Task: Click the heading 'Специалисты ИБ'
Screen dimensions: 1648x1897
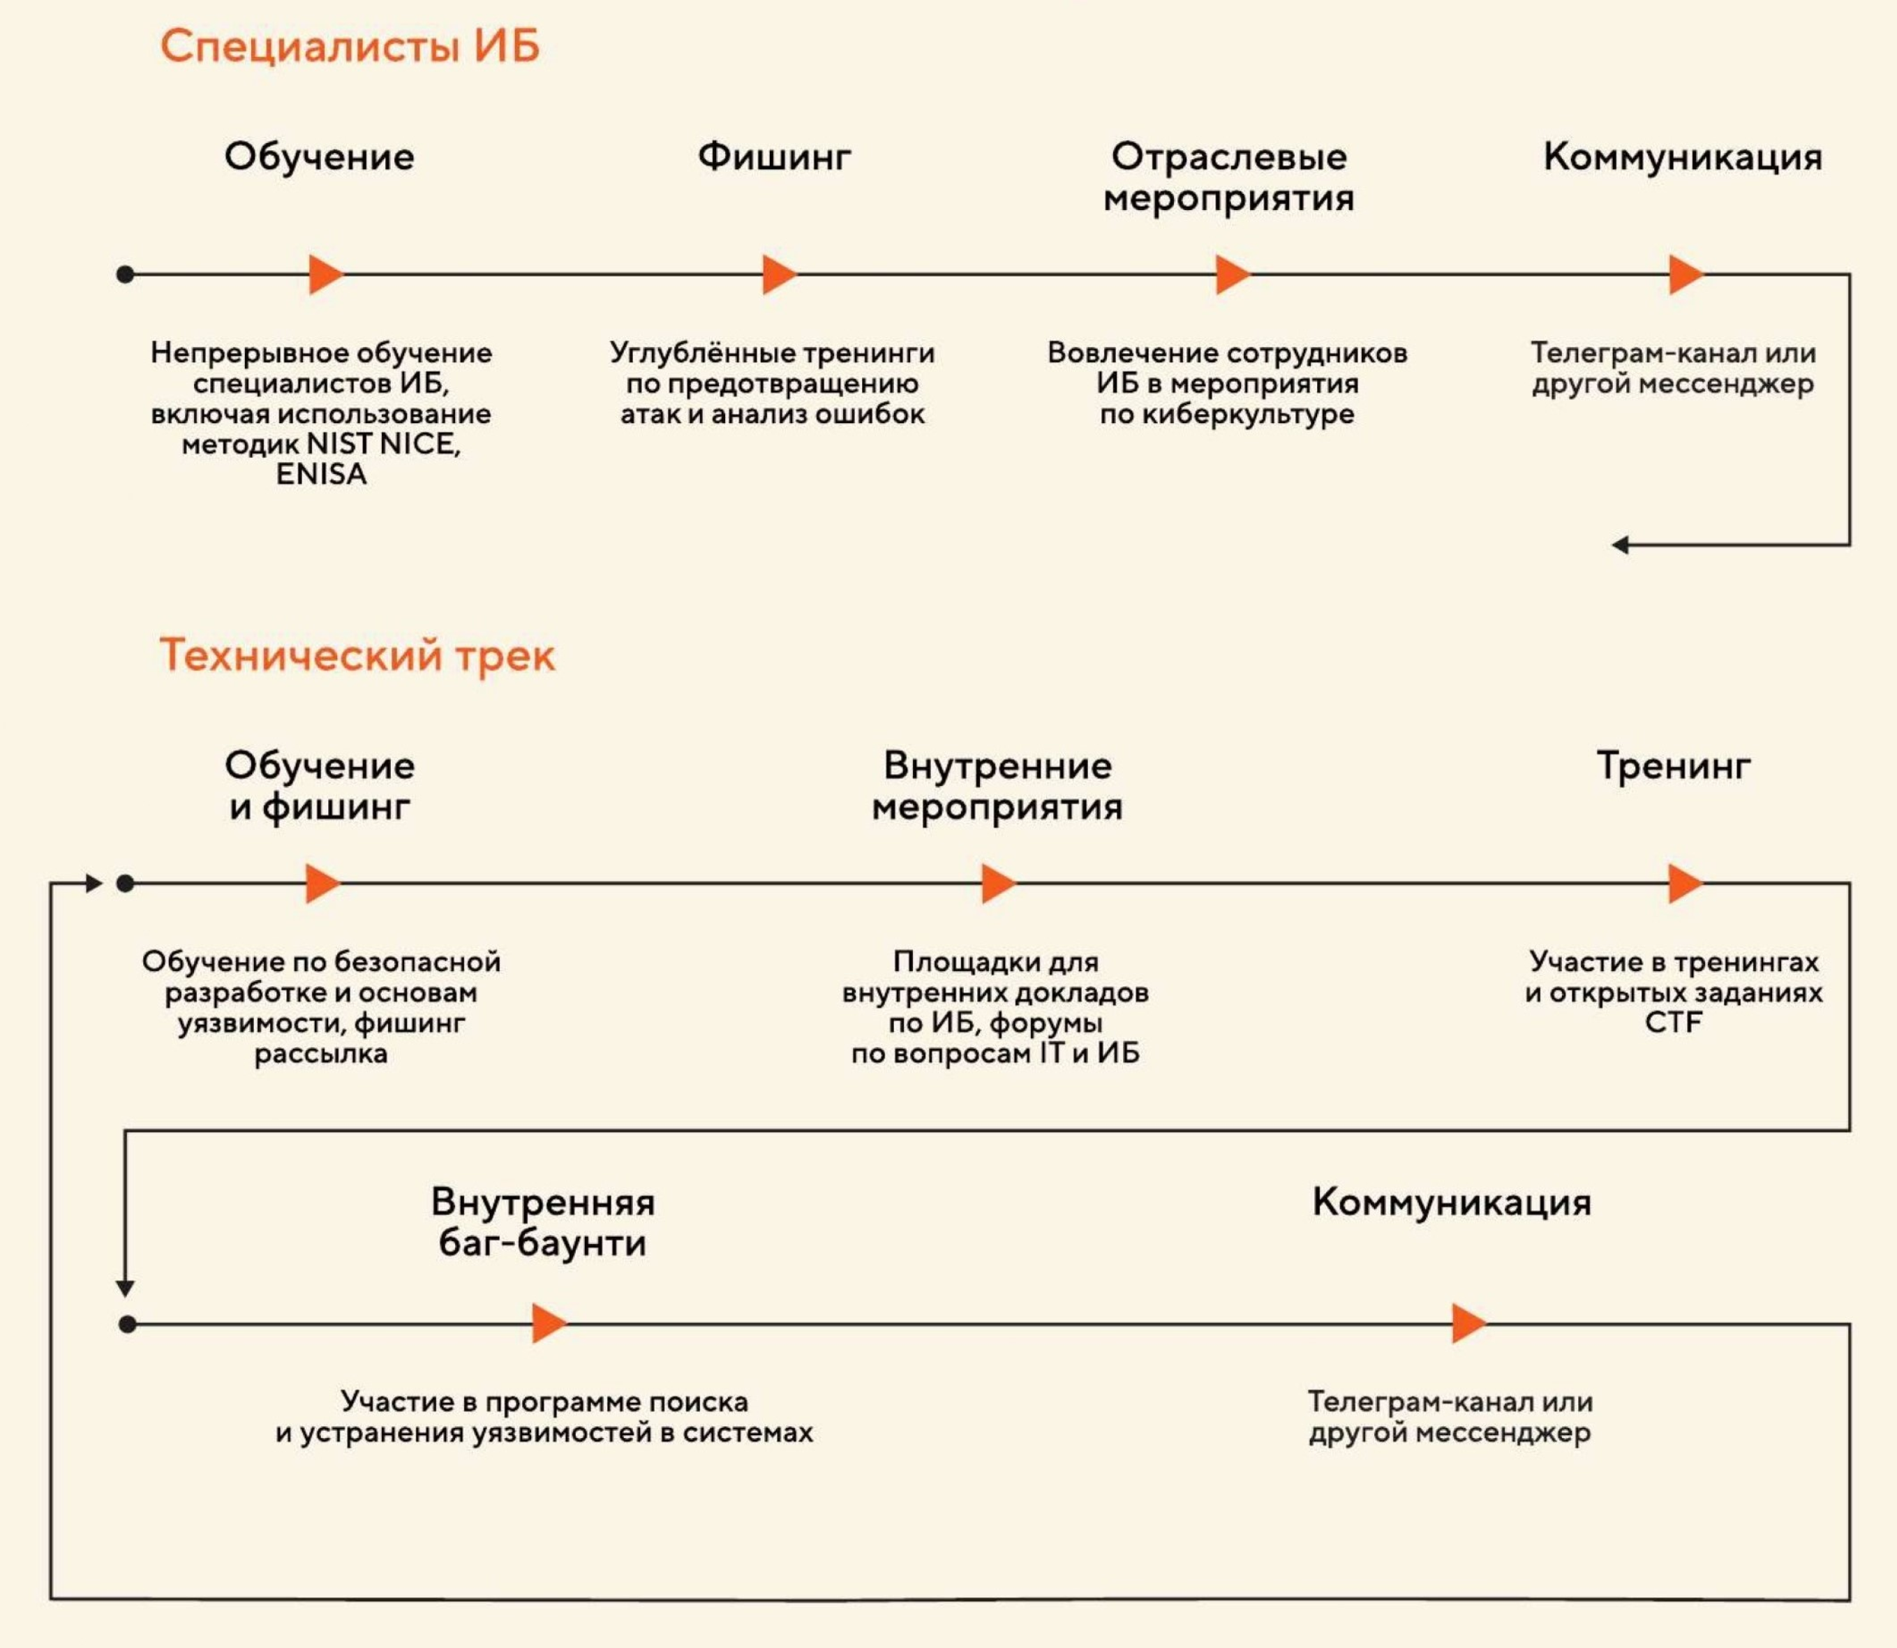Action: click(x=350, y=46)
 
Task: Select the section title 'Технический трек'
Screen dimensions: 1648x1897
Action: click(x=357, y=655)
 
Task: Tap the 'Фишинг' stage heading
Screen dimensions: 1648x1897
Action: click(x=774, y=156)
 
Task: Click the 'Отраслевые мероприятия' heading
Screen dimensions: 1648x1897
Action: click(x=1228, y=177)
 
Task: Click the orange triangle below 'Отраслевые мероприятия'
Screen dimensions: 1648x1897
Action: click(x=1231, y=274)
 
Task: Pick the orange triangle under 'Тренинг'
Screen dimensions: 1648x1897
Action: click(x=1683, y=884)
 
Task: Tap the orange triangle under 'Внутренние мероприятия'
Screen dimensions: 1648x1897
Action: click(x=997, y=884)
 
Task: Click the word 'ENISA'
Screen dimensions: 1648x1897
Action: click(x=321, y=475)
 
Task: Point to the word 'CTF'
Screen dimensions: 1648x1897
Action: click(x=1673, y=1023)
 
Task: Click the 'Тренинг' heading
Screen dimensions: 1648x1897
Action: click(x=1674, y=765)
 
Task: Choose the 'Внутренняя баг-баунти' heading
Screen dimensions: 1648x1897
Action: click(x=542, y=1222)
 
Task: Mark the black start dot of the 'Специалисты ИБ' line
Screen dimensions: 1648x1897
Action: click(x=126, y=274)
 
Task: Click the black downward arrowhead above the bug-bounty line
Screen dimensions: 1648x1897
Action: click(x=125, y=1289)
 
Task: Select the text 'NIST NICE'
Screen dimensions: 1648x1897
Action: click(x=382, y=444)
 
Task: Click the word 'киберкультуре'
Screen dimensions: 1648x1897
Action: click(x=1247, y=414)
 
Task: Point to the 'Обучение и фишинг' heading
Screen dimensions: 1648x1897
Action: click(x=319, y=785)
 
